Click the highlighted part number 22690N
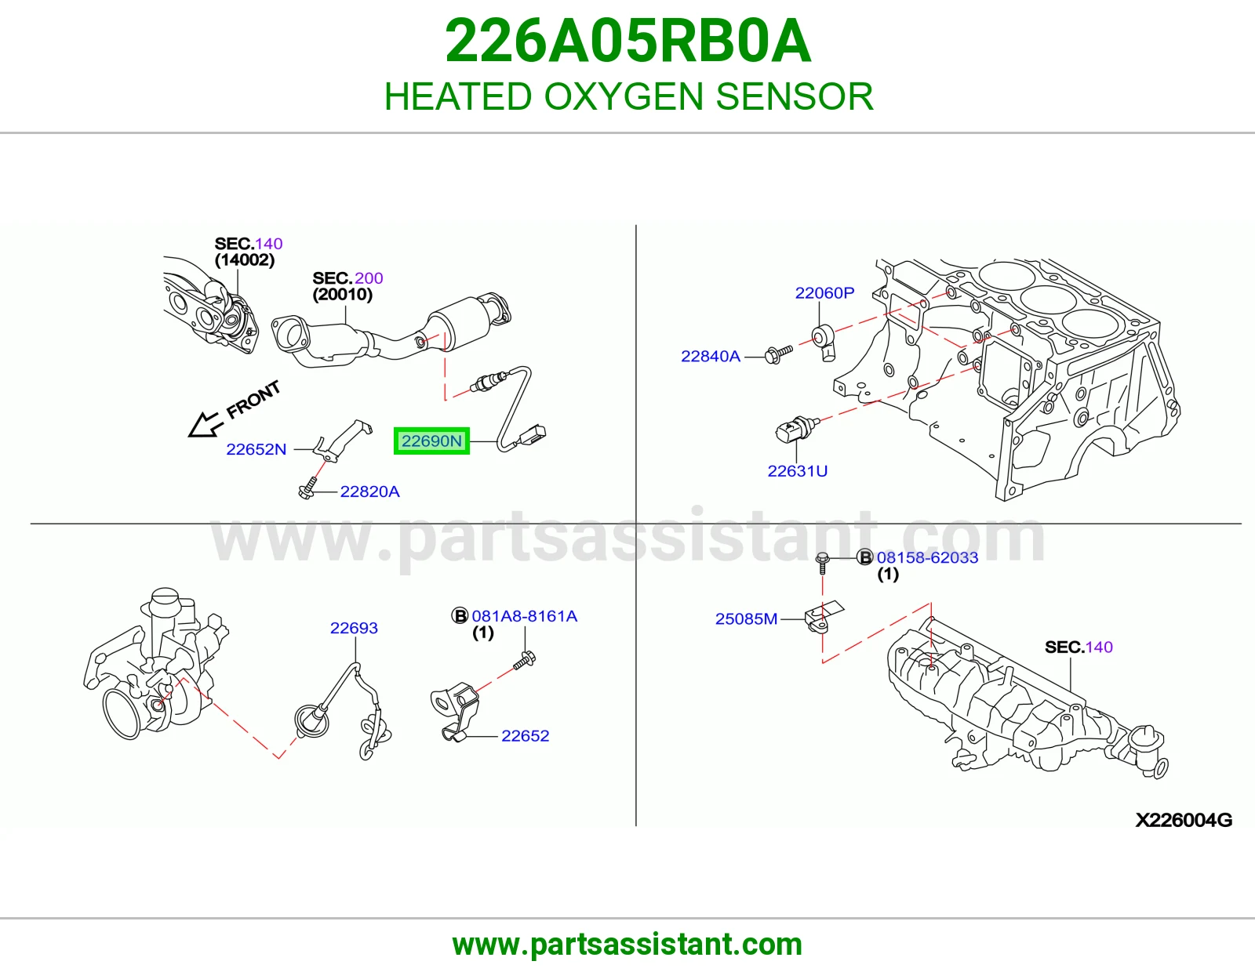point(431,441)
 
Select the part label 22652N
point(256,449)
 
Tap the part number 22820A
point(369,491)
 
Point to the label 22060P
point(824,293)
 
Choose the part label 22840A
point(711,356)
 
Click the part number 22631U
point(797,471)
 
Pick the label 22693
point(354,628)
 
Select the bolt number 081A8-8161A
point(525,616)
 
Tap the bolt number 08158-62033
point(928,557)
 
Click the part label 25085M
point(746,618)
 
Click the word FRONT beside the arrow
point(253,400)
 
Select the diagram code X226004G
point(1184,820)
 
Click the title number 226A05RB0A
point(628,41)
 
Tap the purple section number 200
point(369,278)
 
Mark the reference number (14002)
point(244,259)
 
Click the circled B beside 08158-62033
point(865,557)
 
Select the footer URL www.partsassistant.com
point(627,945)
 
